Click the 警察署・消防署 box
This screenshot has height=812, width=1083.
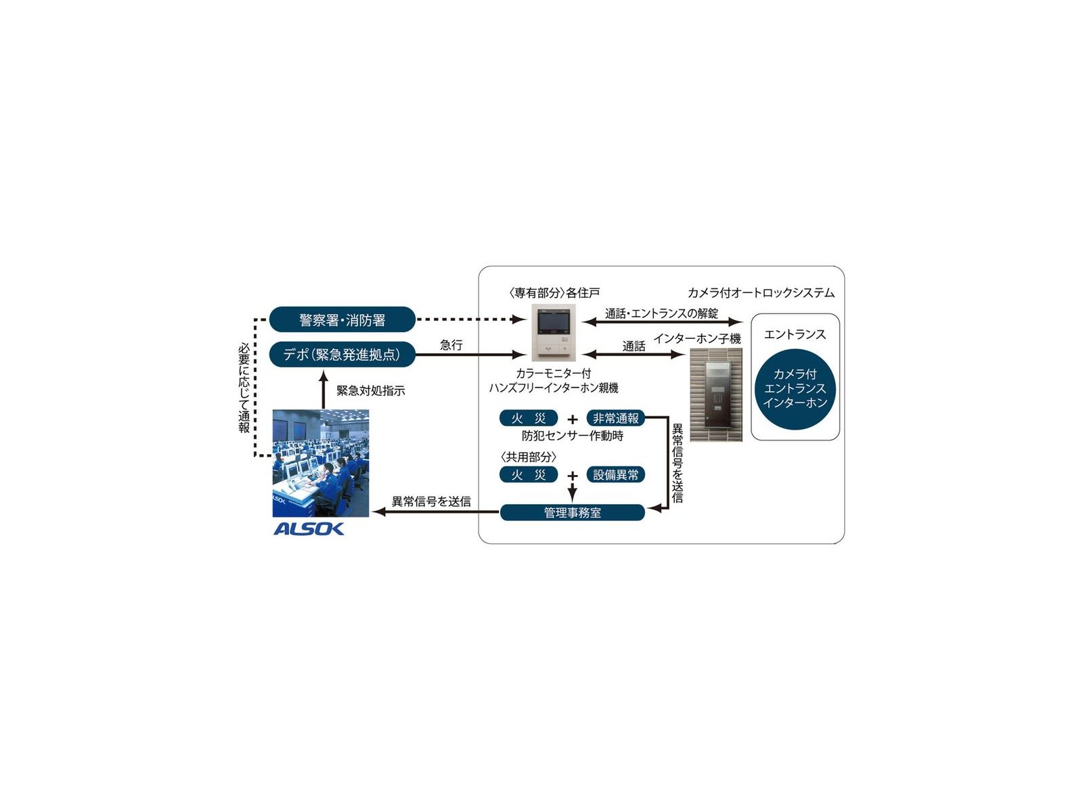(342, 319)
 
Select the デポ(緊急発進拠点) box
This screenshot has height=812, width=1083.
(342, 354)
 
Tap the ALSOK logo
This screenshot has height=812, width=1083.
(309, 529)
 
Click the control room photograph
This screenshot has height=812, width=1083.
(321, 463)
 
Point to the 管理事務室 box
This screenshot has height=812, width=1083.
(573, 512)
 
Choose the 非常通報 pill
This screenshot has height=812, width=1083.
(616, 418)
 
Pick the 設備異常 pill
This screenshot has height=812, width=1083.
(616, 474)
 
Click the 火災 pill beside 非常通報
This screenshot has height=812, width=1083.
(529, 418)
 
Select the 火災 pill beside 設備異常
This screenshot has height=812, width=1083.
(529, 474)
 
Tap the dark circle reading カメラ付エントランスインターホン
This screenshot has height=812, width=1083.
(795, 389)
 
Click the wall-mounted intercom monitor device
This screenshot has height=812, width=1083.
(553, 333)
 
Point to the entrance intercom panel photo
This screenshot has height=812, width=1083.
(716, 394)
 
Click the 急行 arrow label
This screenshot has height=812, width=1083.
(451, 344)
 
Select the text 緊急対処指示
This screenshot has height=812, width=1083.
(370, 390)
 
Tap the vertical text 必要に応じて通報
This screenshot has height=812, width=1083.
(244, 388)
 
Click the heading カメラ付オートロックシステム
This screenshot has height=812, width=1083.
(761, 293)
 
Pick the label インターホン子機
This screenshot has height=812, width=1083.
(697, 338)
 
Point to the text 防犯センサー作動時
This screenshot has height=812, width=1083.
(573, 435)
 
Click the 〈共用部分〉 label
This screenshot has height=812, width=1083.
(529, 457)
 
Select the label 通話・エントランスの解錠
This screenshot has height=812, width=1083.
(661, 313)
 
